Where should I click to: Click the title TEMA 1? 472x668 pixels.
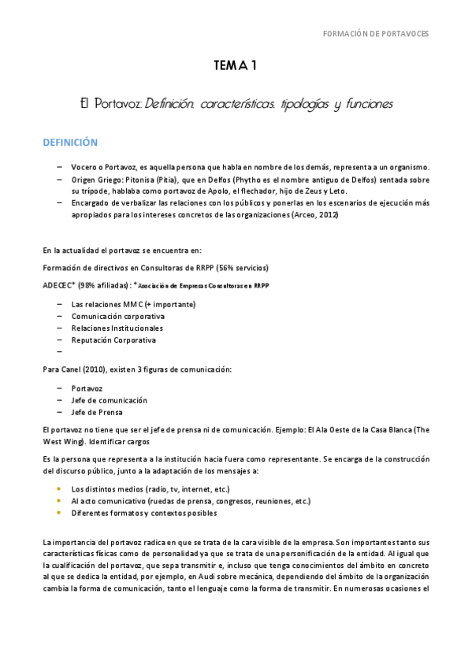pos(236,67)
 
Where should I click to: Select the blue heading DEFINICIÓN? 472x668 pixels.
pos(70,143)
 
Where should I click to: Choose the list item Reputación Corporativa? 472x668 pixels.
pos(113,340)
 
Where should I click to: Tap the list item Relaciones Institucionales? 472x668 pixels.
pos(117,328)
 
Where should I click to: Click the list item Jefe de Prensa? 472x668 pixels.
pos(96,412)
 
